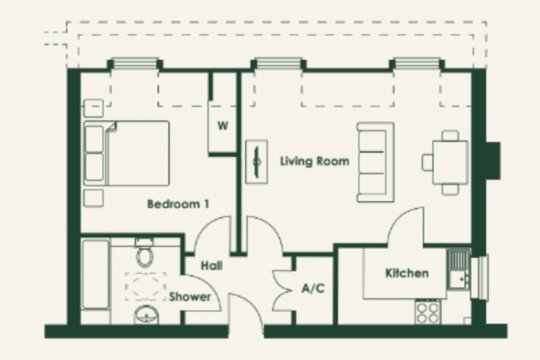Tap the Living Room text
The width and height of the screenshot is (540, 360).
point(314,161)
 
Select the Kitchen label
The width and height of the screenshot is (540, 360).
point(406,273)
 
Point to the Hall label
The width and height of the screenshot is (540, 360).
point(211,265)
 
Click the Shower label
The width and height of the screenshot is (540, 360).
point(190,297)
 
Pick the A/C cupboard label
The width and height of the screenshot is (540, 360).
point(312,289)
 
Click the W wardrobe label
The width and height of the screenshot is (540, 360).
point(222,126)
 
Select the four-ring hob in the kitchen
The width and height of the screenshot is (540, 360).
point(428,312)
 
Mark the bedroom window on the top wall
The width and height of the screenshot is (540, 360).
point(135,64)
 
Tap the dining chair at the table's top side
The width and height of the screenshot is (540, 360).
point(450,136)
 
